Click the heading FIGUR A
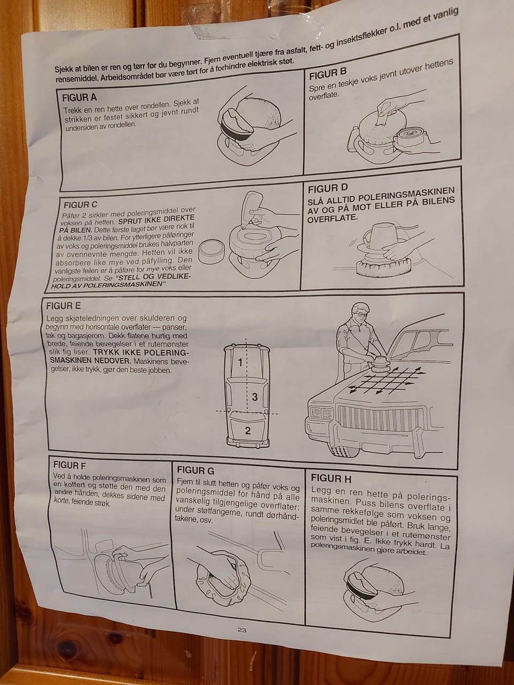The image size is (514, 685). coord(79,97)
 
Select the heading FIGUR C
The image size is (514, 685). coord(80,205)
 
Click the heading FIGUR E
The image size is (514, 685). coord(63,306)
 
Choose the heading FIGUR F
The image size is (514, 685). coord(69,465)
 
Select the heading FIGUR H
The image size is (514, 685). coord(331,478)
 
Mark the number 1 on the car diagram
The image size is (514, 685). coord(240,362)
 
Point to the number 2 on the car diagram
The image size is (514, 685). coord(248,431)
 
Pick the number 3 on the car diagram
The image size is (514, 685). coord(255,397)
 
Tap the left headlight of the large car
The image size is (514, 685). coord(321,413)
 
